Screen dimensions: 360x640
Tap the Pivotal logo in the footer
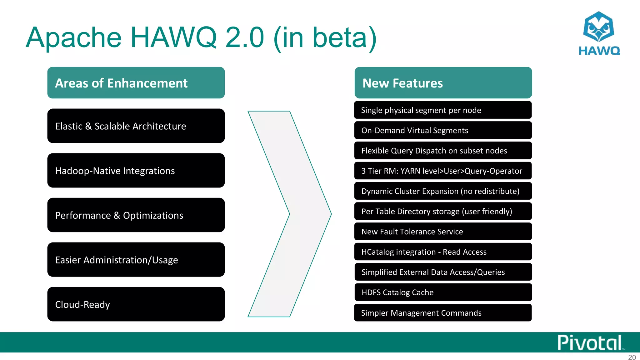[x=590, y=343]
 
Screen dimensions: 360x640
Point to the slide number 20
[x=632, y=357]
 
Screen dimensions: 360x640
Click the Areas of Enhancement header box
[x=136, y=83]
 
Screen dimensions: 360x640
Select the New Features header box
[x=443, y=83]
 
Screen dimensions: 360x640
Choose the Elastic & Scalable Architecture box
[x=136, y=126]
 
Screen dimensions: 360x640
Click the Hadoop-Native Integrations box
[x=136, y=171]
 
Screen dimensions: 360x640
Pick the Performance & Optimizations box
[x=136, y=215]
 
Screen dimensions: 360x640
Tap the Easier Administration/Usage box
[x=136, y=260]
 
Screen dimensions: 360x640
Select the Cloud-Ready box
[x=136, y=304]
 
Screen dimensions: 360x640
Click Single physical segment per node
[x=443, y=110]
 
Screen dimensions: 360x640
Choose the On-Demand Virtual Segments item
[x=443, y=130]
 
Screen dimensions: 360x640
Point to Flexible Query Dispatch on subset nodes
[x=443, y=151]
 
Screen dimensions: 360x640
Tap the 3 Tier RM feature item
[x=443, y=171]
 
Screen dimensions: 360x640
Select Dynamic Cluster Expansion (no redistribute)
[x=443, y=191]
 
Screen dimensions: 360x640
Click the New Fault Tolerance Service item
[x=443, y=232]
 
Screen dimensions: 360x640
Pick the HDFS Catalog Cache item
[x=443, y=292]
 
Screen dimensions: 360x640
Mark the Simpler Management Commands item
[x=443, y=313]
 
